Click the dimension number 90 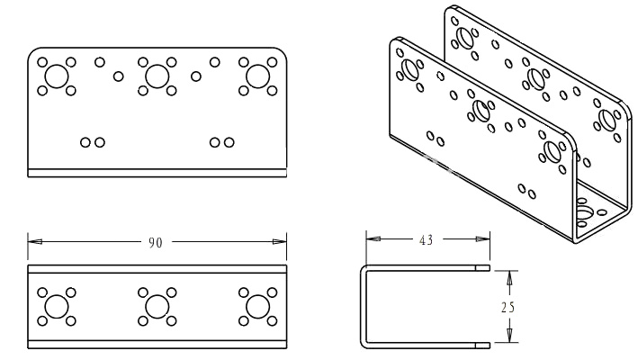click(x=155, y=243)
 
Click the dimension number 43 click(x=426, y=240)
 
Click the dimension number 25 click(x=508, y=307)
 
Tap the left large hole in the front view click(x=57, y=76)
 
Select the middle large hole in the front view click(x=157, y=76)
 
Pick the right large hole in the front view click(x=258, y=76)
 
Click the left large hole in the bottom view click(x=57, y=307)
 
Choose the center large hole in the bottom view click(x=157, y=307)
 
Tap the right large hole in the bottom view click(x=258, y=307)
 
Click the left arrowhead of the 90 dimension click(x=34, y=241)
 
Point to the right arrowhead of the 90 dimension click(x=280, y=241)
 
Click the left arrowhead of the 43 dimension click(x=373, y=238)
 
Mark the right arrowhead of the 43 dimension click(x=483, y=238)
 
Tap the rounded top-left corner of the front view click(x=31, y=51)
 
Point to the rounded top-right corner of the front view click(x=283, y=51)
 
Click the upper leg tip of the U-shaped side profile click(x=490, y=267)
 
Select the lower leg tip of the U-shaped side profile click(x=490, y=346)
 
